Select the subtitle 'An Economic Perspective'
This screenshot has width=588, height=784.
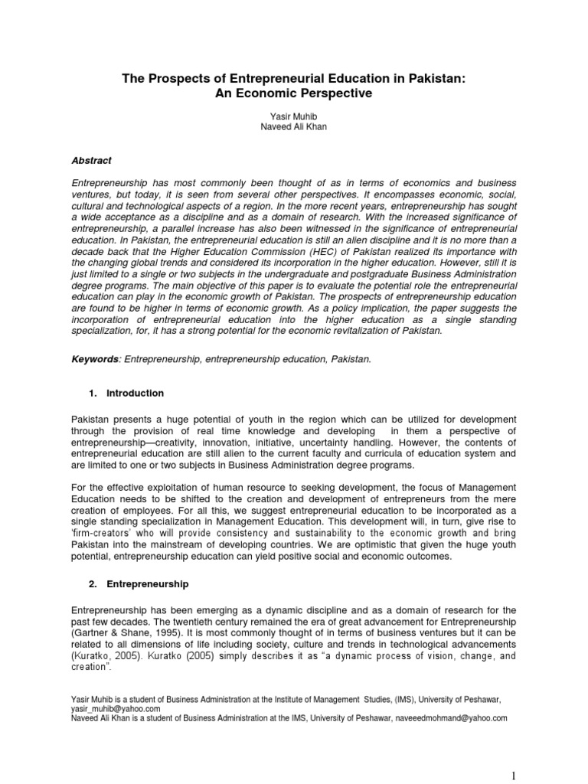point(294,93)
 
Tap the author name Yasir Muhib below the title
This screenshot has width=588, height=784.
point(294,116)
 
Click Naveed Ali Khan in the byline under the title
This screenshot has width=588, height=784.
point(294,127)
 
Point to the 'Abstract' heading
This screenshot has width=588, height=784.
point(91,161)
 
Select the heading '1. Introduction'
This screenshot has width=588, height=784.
point(126,394)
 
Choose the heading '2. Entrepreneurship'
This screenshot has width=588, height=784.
point(139,584)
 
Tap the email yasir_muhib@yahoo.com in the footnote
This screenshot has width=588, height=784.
point(114,710)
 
